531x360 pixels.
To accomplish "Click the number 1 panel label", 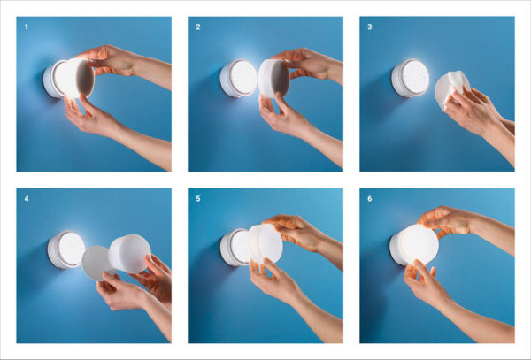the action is (x=27, y=27).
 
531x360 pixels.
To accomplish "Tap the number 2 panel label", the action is (x=198, y=27).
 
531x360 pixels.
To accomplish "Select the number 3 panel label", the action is (x=370, y=27).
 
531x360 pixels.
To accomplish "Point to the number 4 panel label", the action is (x=27, y=199).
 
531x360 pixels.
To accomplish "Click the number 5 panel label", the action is (x=198, y=199).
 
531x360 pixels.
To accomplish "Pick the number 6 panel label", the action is (x=370, y=199).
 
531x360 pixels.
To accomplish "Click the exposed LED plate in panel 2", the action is (x=243, y=78).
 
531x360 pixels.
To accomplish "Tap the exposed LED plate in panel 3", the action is (x=415, y=77).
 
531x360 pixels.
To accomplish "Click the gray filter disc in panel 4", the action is (x=96, y=263).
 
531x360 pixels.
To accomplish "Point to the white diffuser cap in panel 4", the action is (x=130, y=254).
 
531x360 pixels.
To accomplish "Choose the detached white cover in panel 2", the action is (x=273, y=79).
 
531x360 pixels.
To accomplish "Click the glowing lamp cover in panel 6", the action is (x=418, y=244).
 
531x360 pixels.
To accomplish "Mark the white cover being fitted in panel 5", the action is (x=265, y=243).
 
